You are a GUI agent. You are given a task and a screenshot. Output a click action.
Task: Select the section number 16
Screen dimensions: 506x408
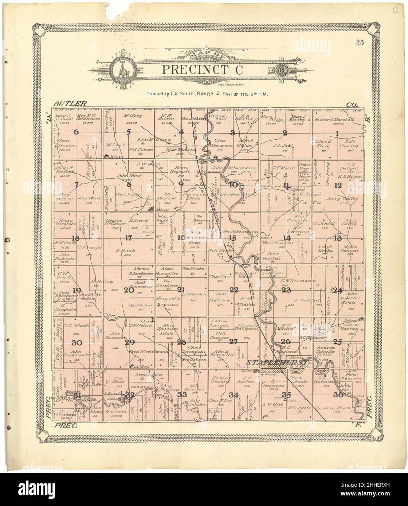(181, 238)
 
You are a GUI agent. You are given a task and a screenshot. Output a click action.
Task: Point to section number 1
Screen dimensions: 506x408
(337, 133)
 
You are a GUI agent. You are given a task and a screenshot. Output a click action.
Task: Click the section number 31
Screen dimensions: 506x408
(77, 396)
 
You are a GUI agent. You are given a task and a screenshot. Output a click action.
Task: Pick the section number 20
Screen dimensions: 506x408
(129, 290)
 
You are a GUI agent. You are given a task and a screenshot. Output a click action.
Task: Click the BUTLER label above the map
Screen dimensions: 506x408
(69, 104)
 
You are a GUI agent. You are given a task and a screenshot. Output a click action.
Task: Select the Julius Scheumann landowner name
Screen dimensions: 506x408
(234, 169)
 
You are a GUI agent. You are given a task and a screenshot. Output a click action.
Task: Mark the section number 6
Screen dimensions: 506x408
(76, 133)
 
